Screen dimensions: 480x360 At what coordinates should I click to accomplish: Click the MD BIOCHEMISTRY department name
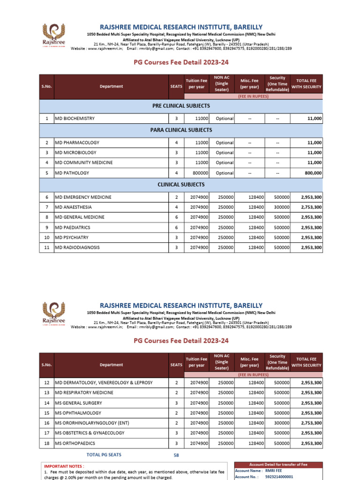[x=75, y=119]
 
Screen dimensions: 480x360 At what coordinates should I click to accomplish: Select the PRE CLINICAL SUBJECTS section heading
[x=180, y=105]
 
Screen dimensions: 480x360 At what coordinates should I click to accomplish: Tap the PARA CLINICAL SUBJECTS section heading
[x=180, y=130]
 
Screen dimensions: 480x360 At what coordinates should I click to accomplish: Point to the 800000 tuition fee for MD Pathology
[x=199, y=173]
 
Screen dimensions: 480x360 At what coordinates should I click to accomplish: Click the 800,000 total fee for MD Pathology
[x=311, y=173]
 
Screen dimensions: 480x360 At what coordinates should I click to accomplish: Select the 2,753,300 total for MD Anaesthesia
[x=311, y=207]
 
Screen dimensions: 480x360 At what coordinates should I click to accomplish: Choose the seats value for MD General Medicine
[x=176, y=217]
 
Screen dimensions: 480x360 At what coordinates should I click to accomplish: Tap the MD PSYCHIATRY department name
[x=72, y=238]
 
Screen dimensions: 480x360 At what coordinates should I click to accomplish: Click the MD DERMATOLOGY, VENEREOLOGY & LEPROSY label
[x=104, y=383]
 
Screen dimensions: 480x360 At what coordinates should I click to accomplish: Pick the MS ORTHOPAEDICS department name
[x=75, y=443]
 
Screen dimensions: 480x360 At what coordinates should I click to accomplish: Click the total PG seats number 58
[x=176, y=455]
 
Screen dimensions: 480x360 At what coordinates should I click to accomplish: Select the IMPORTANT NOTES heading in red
[x=64, y=467]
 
